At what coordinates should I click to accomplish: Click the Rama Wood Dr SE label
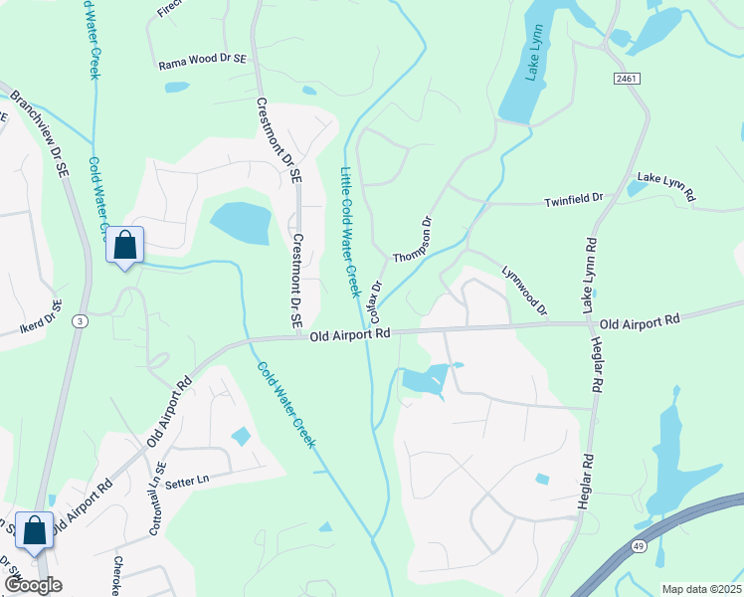tap(202, 63)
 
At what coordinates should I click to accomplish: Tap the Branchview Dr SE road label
tap(39, 125)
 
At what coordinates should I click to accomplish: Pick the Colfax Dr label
tap(376, 299)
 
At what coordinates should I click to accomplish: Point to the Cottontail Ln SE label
tap(155, 504)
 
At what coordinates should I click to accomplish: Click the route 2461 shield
tap(626, 78)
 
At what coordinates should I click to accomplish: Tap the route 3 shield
tap(79, 320)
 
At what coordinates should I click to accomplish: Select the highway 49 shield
tap(637, 546)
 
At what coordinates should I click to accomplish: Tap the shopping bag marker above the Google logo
tap(35, 531)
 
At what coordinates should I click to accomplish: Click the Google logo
tap(33, 585)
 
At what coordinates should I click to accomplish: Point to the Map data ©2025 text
tap(700, 589)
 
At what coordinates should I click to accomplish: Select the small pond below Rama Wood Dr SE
tap(177, 87)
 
